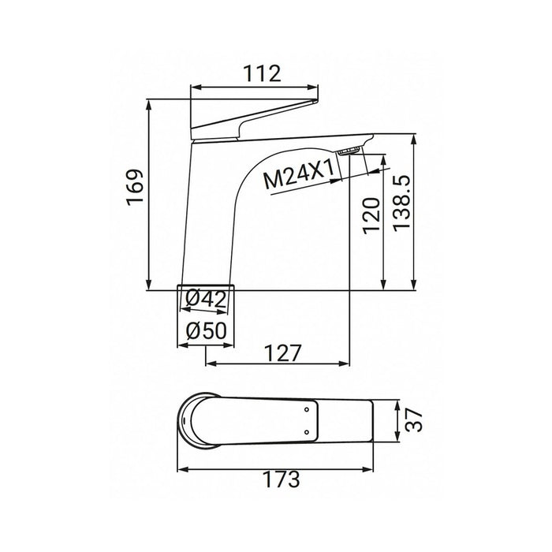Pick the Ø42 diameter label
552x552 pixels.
[207, 300]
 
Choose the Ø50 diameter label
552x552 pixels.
[207, 331]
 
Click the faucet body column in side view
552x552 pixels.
[201, 221]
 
